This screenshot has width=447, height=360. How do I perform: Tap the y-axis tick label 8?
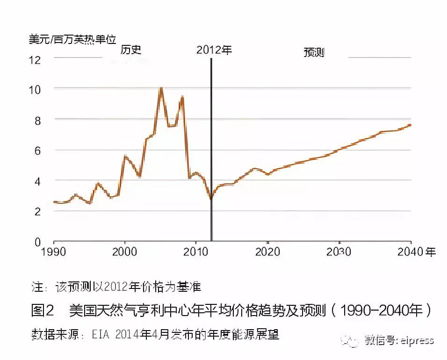coord(37,120)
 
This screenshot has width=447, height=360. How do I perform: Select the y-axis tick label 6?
coord(37,151)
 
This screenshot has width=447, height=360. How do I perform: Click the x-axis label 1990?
coord(54,252)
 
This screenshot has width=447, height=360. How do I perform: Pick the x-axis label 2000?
coord(124,252)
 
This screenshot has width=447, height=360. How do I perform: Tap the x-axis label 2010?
coord(195,252)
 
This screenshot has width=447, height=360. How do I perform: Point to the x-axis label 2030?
coord(339,252)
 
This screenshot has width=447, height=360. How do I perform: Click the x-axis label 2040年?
coord(416,252)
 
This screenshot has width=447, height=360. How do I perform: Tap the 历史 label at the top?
coord(131,50)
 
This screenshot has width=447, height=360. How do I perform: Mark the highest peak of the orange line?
coord(161,88)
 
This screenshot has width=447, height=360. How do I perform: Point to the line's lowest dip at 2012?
coord(211,199)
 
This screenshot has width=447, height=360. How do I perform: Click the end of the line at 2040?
coord(410,125)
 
